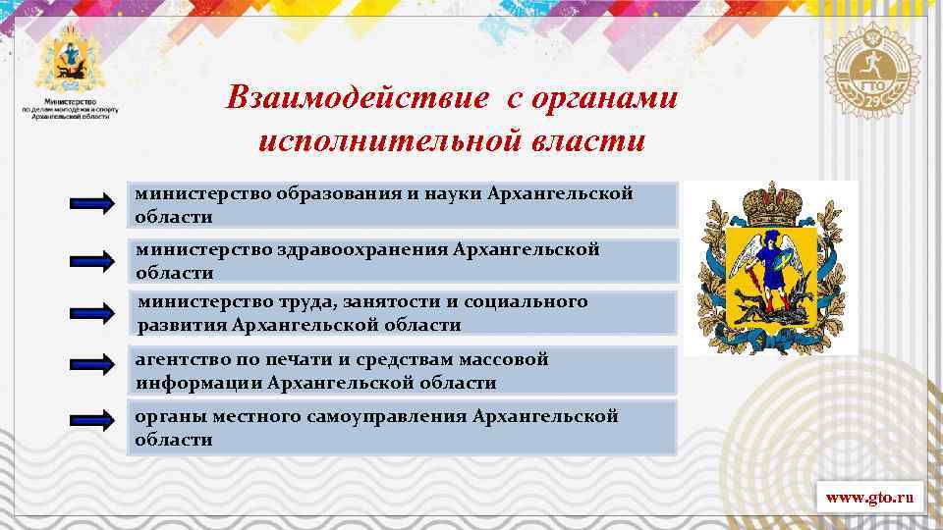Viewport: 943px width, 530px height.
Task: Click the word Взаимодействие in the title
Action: click(357, 97)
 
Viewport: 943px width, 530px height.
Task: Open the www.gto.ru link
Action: click(869, 499)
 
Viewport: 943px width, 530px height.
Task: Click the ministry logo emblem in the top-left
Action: click(70, 60)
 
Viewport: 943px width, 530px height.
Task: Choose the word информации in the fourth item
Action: click(198, 383)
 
